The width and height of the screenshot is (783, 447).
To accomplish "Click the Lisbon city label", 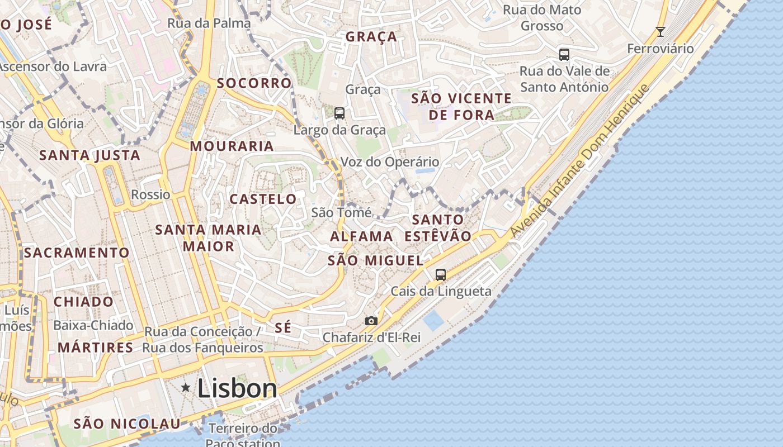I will coord(237,388).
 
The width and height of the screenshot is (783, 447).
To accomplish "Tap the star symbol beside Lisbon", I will coord(186,387).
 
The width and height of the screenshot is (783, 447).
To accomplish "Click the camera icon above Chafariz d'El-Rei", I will coord(371,321).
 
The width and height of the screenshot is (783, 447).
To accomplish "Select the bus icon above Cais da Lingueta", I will coord(441,274).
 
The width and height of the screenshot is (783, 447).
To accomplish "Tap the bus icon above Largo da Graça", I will coord(339,113).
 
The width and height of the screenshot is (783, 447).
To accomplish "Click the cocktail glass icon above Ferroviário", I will coord(660,32).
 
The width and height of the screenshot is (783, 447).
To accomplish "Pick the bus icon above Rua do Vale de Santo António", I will coord(564,55).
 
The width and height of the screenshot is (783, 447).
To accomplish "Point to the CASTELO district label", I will coord(263,199).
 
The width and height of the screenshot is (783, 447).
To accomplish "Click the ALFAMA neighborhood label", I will coord(361,236).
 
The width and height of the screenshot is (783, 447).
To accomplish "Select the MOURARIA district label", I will coord(232,146).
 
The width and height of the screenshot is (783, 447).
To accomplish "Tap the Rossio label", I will coord(150,194).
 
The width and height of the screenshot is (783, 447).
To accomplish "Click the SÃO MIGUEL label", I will coord(375,260).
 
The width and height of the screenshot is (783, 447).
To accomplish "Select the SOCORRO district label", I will coord(254,83).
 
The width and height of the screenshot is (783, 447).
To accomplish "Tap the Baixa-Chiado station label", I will coord(93,325).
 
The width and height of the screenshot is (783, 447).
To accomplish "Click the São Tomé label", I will coord(341,212).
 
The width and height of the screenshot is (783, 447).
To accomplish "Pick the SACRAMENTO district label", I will coord(77,253).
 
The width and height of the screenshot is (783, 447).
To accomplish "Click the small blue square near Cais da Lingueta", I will coord(433,320).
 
